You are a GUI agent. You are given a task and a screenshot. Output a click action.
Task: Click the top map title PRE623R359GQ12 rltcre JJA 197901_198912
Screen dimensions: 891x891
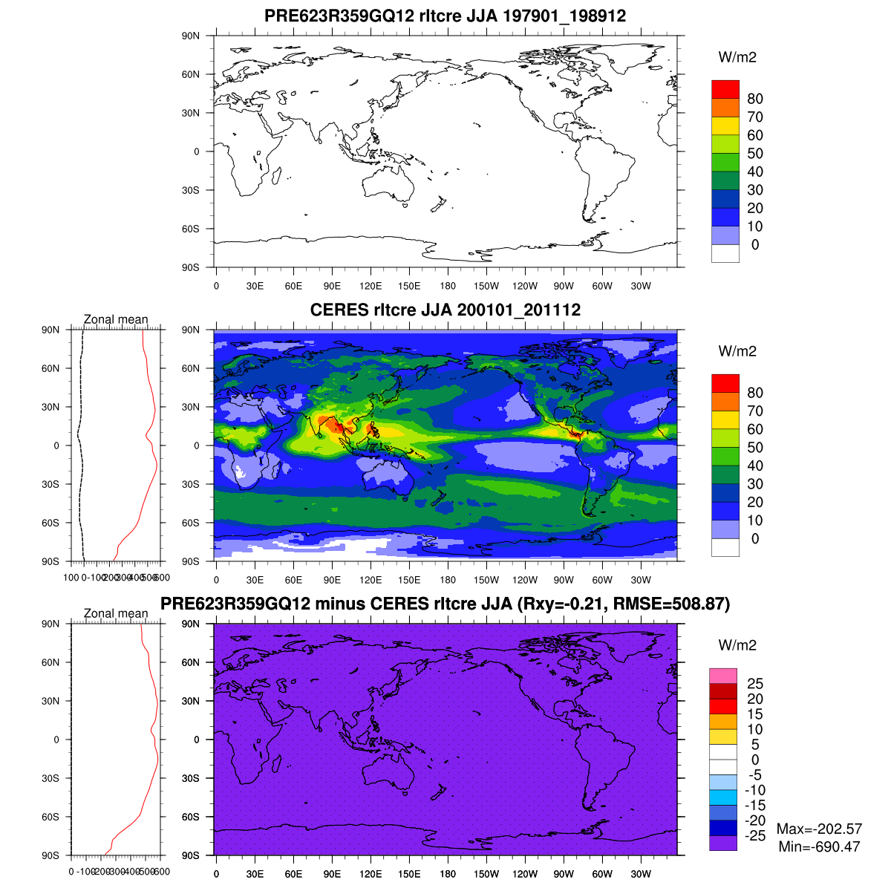(x=446, y=16)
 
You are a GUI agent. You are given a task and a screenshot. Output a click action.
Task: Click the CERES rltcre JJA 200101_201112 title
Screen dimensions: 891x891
(x=446, y=310)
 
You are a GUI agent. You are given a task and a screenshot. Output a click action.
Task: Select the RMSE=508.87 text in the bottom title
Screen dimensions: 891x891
(x=679, y=604)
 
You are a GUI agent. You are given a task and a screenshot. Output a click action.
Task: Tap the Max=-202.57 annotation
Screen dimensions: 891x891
(x=819, y=829)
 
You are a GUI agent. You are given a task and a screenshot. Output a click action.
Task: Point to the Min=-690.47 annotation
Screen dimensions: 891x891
(x=819, y=846)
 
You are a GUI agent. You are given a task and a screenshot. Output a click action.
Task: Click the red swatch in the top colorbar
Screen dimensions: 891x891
(x=725, y=89)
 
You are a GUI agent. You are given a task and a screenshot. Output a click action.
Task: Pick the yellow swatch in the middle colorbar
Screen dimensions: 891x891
(x=725, y=420)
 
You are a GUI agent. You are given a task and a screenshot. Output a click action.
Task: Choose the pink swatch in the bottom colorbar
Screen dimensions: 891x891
(x=723, y=676)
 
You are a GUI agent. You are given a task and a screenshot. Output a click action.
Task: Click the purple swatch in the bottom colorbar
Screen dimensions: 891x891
(x=723, y=843)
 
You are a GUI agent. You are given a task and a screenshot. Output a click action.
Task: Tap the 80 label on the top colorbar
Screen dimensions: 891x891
(x=755, y=99)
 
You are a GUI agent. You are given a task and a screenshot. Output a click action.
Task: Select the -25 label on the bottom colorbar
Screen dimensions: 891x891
(x=755, y=835)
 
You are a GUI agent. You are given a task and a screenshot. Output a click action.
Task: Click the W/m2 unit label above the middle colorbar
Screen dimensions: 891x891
(x=737, y=351)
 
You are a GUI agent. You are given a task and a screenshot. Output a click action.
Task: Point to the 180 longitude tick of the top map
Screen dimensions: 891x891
(x=448, y=287)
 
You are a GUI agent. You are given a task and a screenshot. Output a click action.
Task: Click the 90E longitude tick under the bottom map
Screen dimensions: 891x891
(x=332, y=875)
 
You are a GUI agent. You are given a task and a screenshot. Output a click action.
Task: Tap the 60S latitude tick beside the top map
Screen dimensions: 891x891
(x=191, y=229)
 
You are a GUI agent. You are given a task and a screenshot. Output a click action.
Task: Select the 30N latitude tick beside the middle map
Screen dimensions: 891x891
(x=191, y=407)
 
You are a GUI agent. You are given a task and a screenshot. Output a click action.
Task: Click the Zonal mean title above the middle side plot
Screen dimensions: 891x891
(x=116, y=320)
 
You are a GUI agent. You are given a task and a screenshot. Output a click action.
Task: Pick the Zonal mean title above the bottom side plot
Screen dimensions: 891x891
(x=116, y=614)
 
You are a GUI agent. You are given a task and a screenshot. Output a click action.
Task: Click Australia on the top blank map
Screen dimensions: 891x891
(x=390, y=182)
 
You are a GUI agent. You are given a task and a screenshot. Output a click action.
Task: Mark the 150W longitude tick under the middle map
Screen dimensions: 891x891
(x=486, y=581)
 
